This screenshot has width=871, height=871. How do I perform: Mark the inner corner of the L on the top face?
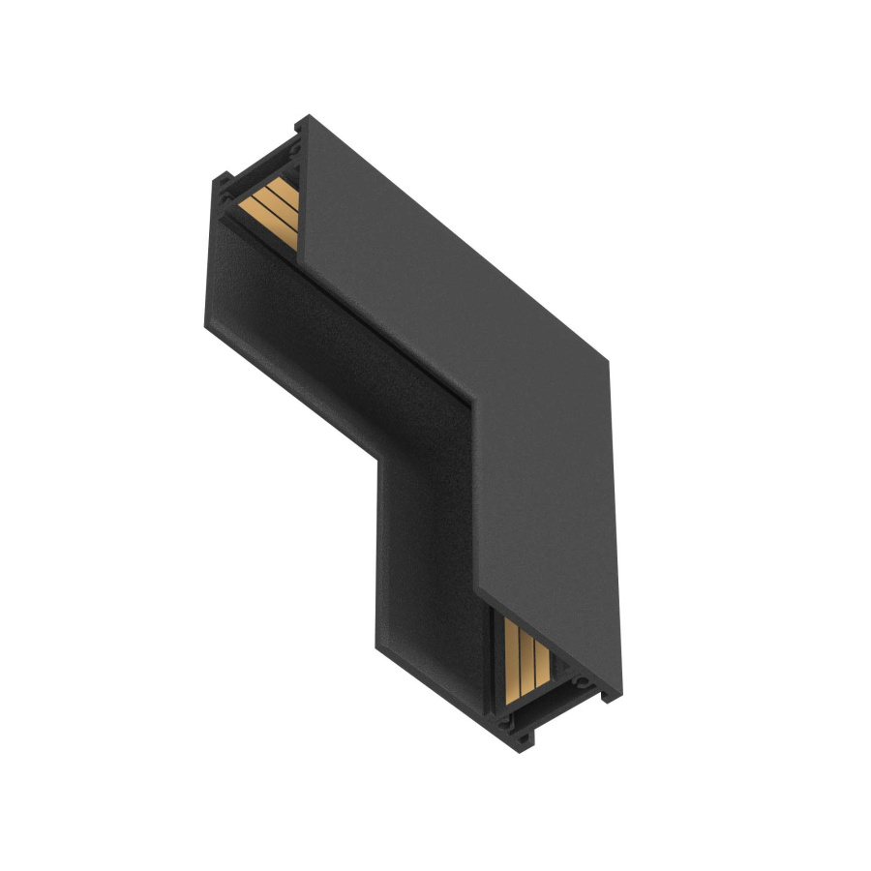472,397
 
